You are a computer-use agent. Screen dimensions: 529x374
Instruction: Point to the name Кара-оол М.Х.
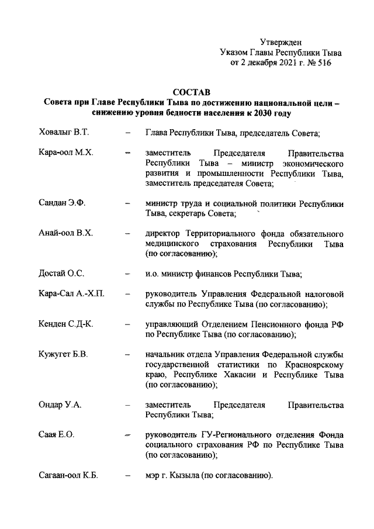pyautogui.click(x=65, y=153)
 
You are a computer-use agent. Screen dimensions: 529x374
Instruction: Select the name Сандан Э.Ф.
pyautogui.click(x=62, y=204)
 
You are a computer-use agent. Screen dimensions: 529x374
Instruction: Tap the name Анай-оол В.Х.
pyautogui.click(x=65, y=234)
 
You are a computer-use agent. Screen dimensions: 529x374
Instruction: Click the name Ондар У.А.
pyautogui.click(x=60, y=404)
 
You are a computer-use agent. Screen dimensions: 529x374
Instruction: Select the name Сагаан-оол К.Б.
pyautogui.click(x=68, y=476)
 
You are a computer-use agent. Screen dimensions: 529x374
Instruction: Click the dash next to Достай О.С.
pyautogui.click(x=127, y=274)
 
